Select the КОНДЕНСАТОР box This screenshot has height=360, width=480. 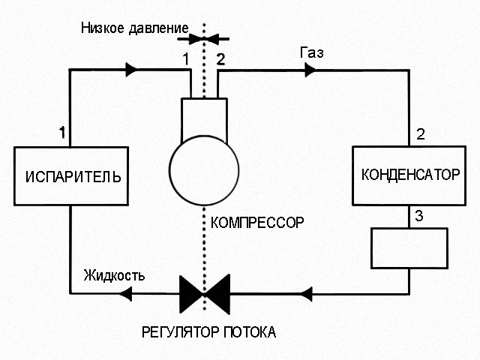coord(409,175)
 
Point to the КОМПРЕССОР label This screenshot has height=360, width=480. coord(259,223)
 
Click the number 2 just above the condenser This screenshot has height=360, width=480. coord(420,135)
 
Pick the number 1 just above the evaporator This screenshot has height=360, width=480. coord(64,132)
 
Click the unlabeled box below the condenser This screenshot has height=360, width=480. coord(409,247)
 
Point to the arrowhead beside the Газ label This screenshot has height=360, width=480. coord(309,70)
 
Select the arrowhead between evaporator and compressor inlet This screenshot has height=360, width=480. coord(132,70)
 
